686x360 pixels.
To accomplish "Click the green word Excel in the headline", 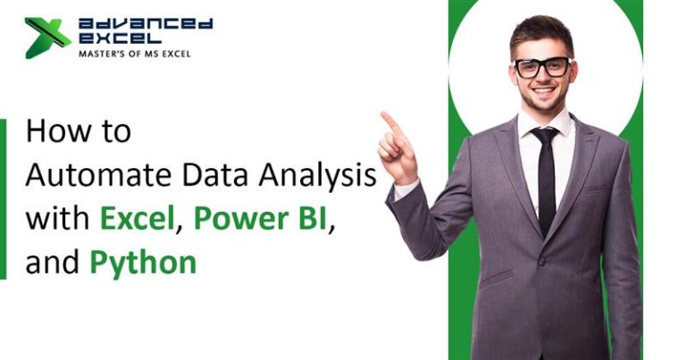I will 138,218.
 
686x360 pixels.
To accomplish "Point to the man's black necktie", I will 544,179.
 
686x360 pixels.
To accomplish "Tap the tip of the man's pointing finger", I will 383,115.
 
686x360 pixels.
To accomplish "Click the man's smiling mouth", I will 543,92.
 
